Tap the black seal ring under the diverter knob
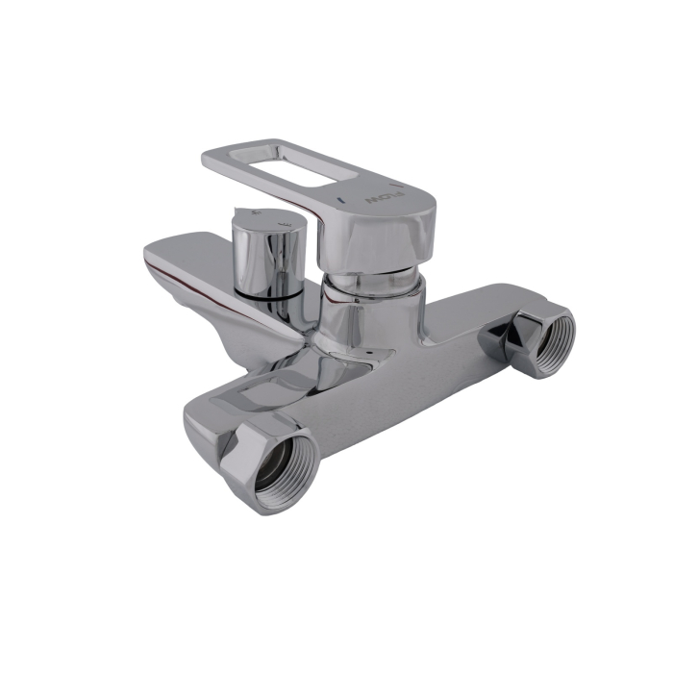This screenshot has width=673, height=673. [274, 299]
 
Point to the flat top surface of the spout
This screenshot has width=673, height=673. [192, 252]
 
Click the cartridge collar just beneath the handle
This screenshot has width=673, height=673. [370, 283]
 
